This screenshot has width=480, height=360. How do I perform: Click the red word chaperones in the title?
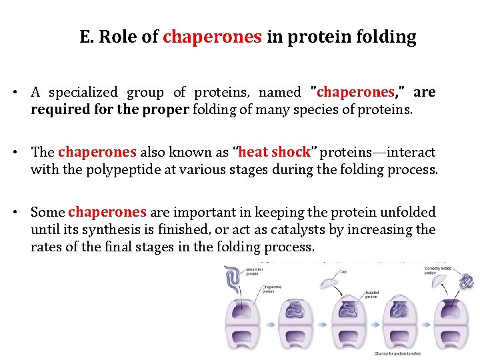[212, 37]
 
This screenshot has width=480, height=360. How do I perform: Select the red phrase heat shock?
[274, 153]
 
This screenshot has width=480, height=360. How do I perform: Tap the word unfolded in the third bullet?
[409, 212]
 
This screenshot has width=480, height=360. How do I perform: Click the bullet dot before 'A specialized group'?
[20, 93]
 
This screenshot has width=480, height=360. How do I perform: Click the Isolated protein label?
[372, 295]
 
